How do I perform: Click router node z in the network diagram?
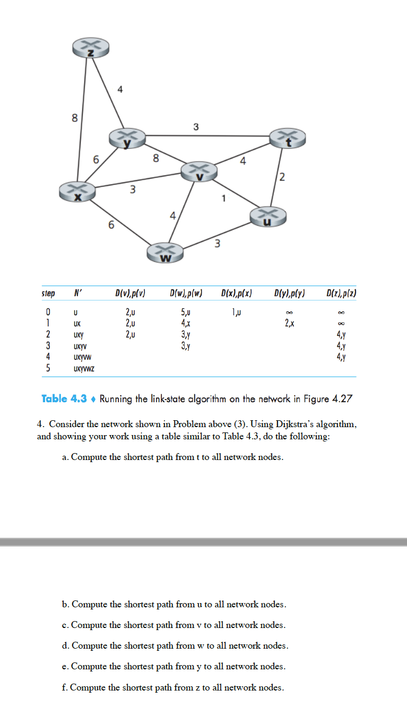91,49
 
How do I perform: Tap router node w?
166,252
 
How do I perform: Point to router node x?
77,191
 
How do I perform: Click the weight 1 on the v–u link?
224,199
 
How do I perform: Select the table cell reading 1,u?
237,312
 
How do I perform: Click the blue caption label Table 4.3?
65,399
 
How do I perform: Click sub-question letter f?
65,688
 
